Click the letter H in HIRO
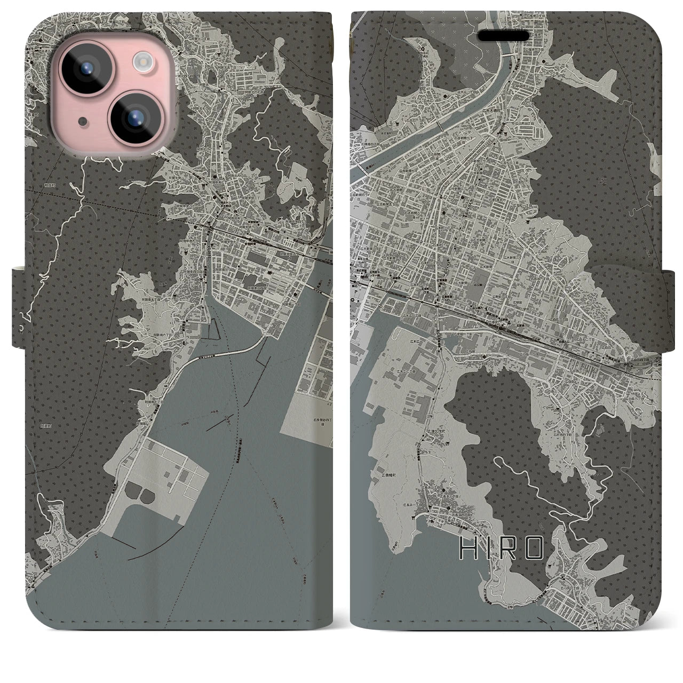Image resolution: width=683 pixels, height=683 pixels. (x=466, y=548)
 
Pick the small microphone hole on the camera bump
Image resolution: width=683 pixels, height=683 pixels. (x=81, y=121)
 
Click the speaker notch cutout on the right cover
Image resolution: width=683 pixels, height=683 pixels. (x=506, y=36)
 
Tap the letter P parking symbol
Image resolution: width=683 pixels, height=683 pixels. (x=356, y=309)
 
